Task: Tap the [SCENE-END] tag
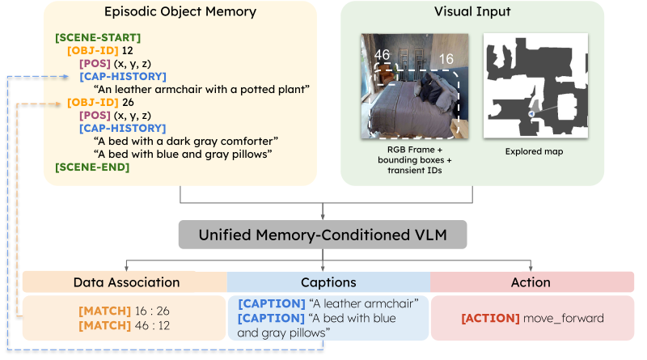(x=91, y=167)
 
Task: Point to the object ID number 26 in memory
(x=126, y=103)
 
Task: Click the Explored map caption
(x=534, y=150)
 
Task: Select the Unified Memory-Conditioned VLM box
(x=323, y=235)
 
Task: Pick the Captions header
(x=328, y=282)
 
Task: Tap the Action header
(x=531, y=282)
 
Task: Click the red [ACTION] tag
(x=489, y=318)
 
